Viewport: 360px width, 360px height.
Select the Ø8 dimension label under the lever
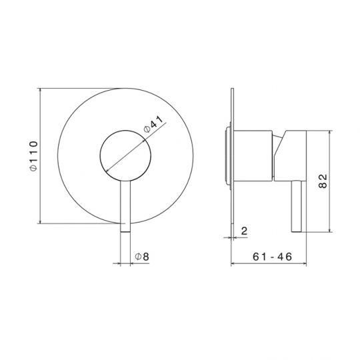click(x=141, y=256)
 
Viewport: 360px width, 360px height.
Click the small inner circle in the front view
click(x=125, y=155)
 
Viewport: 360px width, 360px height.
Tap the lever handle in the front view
click(x=125, y=207)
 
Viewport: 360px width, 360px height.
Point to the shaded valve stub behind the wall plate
click(x=227, y=155)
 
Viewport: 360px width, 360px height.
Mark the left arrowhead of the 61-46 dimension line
click(x=233, y=263)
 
